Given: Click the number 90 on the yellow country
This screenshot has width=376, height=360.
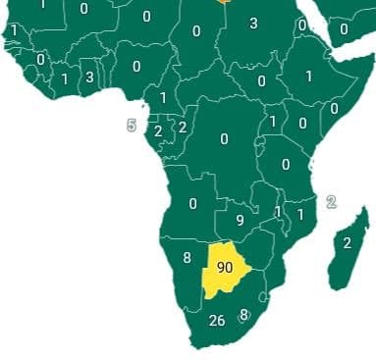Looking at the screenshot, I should tap(224, 267).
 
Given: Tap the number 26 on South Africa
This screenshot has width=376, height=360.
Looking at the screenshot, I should tap(217, 320).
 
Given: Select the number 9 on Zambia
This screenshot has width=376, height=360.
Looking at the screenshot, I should tap(241, 220).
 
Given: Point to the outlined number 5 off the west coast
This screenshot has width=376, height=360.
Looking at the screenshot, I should tap(132, 126).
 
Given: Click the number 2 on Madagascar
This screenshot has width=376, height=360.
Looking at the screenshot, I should tap(347, 242).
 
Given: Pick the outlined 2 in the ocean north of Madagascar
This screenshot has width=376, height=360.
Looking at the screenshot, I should tap(331, 202).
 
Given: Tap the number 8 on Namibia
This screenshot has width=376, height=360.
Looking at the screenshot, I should tap(187, 259).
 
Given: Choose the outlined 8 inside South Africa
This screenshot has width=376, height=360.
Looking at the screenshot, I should tap(243, 316).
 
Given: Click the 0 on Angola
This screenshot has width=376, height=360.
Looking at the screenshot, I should tap(192, 204).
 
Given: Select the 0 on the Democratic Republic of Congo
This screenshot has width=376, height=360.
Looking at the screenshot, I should tap(224, 139).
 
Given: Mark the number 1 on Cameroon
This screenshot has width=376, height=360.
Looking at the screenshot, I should tap(163, 98).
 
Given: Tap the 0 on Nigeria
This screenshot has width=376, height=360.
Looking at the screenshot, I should tap(135, 66).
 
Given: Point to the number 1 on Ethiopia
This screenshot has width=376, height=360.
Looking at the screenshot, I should tap(308, 76).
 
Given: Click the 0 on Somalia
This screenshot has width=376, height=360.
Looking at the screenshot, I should tap(334, 108).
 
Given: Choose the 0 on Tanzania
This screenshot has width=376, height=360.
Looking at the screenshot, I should tap(286, 164).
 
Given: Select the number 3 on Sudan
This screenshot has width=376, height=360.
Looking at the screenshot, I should tap(253, 24).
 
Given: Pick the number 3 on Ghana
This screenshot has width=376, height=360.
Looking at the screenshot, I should tap(89, 77).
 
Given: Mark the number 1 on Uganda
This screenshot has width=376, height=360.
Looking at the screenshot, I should tap(273, 122).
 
